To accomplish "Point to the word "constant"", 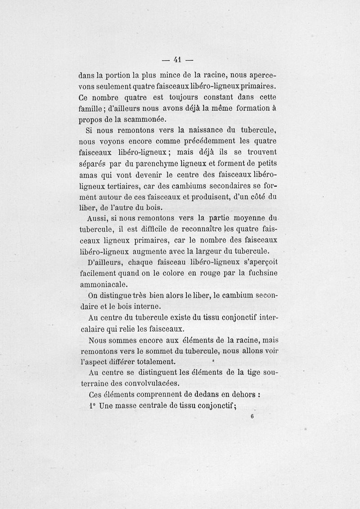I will pos(215,98).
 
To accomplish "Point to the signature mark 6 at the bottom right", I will pos(253,416).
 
